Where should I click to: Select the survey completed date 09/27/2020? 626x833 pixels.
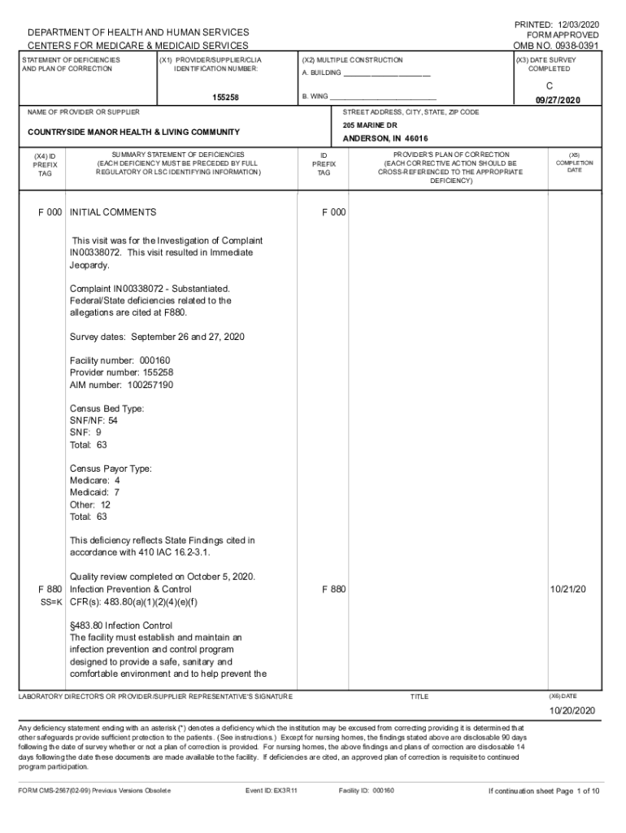(x=558, y=99)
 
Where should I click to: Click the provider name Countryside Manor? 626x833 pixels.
(x=133, y=132)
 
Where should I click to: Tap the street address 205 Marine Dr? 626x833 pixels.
(x=370, y=125)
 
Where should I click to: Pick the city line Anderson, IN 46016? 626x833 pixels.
(x=385, y=138)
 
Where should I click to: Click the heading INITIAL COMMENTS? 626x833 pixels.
(x=113, y=212)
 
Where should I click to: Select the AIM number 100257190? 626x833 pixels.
(x=121, y=385)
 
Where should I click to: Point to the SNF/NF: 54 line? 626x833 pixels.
(x=94, y=421)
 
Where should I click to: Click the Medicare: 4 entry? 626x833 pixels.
(x=95, y=481)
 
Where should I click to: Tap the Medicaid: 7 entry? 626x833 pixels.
(x=95, y=492)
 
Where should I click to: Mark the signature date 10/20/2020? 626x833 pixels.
(x=573, y=710)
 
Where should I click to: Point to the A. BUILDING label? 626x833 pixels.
(x=322, y=75)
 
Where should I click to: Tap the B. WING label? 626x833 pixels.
(x=315, y=96)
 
